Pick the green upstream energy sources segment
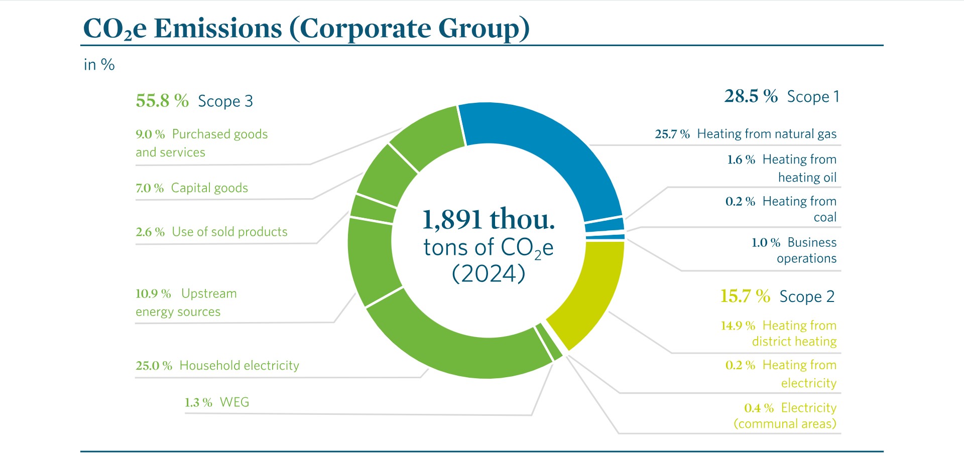(372, 261)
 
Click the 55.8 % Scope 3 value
(162, 101)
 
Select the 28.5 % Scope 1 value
(751, 96)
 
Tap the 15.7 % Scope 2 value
(745, 296)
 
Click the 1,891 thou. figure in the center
(488, 219)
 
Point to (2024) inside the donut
(488, 274)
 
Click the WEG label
(234, 402)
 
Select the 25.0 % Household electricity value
(154, 366)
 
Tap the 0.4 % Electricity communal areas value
(759, 408)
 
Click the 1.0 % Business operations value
(766, 243)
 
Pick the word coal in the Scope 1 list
(825, 217)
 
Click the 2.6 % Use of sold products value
(150, 232)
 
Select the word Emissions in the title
(218, 29)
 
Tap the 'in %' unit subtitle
(99, 65)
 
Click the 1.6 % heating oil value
(741, 160)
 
